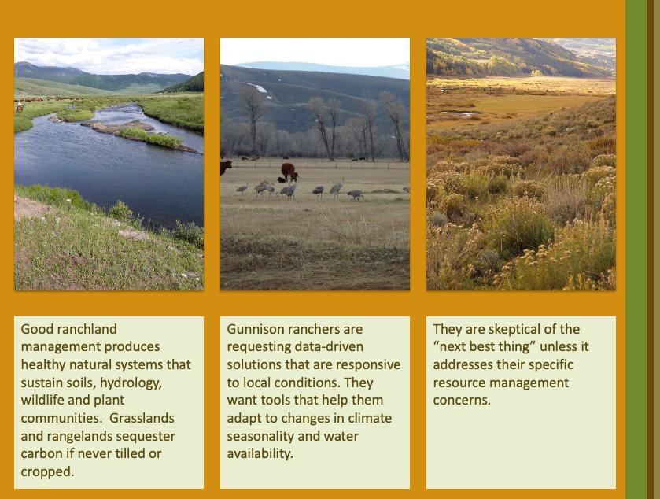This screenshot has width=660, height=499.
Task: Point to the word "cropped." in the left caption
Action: tap(47, 472)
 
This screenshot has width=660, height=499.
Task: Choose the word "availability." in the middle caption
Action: tap(260, 454)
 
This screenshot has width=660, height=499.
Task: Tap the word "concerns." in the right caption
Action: tap(462, 400)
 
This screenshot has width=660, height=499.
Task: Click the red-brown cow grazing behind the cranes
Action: tap(289, 172)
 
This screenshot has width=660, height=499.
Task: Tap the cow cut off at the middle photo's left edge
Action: tap(226, 168)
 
